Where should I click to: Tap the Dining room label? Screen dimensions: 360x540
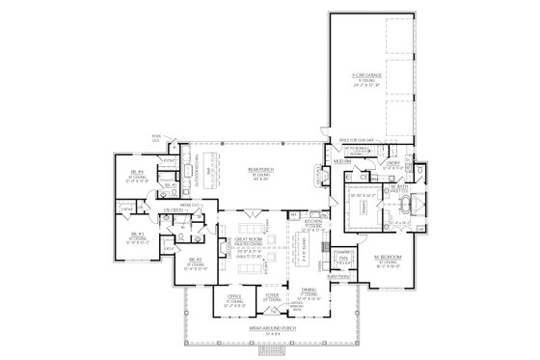click(309, 296)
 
